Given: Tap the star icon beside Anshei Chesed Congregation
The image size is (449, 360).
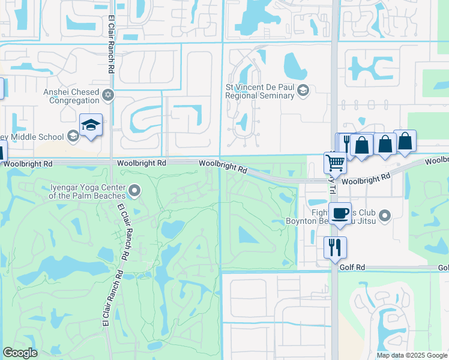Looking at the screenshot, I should pos(108,95).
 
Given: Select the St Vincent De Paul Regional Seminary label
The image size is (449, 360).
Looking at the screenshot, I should pos(259,91).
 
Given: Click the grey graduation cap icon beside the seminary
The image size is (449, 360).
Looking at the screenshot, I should pos(303,91).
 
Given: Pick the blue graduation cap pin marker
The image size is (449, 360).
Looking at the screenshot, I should pos(91,125).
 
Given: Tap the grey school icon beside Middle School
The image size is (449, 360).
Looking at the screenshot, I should pos(73,136).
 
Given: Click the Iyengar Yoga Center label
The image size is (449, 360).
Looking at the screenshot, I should pos(87,191).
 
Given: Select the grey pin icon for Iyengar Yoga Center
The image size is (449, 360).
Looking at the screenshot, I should pos(135,191).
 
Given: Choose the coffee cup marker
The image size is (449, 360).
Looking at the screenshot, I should pos(340,213).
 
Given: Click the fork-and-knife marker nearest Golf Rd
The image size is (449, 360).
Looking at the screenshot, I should pos(335,247).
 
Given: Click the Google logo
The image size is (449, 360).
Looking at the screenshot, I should pos(20,353).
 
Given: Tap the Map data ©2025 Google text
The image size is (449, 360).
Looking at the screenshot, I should pos(411,355).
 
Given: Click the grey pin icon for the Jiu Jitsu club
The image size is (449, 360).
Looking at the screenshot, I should pos(385,215).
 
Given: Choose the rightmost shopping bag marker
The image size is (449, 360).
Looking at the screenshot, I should pos(405,141).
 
